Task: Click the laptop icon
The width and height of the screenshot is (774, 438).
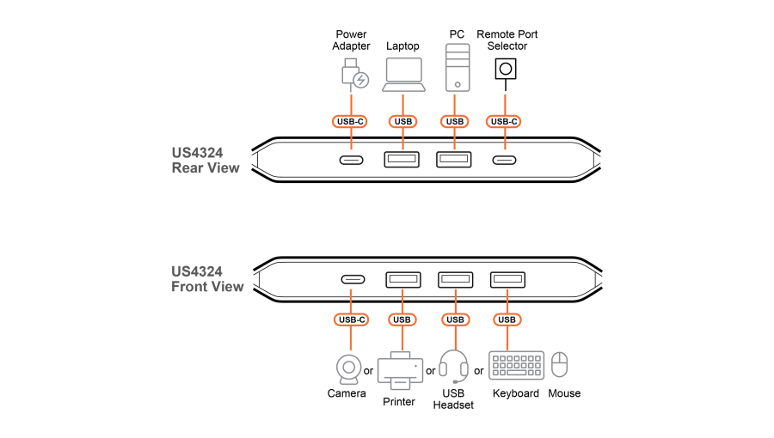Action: click(x=403, y=74)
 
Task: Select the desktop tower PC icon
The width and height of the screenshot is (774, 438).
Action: click(x=458, y=67)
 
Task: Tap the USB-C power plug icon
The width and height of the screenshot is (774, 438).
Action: click(x=353, y=74)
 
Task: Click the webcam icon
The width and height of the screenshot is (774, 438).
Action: click(x=349, y=368)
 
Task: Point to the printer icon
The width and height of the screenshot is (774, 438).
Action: click(x=400, y=370)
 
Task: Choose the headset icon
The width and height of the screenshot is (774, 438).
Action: click(x=453, y=366)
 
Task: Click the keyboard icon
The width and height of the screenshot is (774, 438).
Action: click(x=516, y=365)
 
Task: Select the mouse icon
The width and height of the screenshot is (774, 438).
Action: click(x=560, y=364)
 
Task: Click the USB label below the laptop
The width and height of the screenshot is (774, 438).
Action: click(x=402, y=122)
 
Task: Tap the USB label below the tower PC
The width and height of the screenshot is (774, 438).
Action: click(x=455, y=122)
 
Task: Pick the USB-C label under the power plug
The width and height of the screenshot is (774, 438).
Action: click(x=351, y=122)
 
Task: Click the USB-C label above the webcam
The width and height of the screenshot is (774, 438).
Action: click(x=351, y=320)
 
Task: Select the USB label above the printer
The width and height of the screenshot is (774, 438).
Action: click(x=402, y=320)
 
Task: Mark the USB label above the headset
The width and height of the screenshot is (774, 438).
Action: click(x=455, y=320)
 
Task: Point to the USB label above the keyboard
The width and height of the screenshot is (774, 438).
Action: click(x=507, y=320)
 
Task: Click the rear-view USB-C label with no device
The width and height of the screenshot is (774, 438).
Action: click(x=503, y=122)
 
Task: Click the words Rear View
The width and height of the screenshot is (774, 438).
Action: click(x=206, y=168)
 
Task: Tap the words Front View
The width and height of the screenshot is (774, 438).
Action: click(x=207, y=287)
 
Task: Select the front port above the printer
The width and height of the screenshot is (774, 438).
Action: click(x=403, y=279)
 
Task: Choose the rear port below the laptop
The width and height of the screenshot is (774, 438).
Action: click(x=402, y=160)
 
